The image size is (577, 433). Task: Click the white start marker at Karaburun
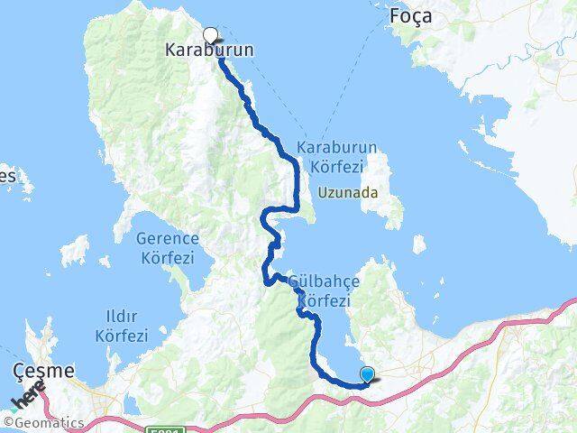[210, 35]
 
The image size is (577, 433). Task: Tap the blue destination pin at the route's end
[367, 374]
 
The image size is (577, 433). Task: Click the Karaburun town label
[210, 51]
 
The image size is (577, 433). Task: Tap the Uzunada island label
[348, 193]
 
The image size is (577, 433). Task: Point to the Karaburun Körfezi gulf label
[335, 156]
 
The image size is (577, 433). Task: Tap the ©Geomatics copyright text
[44, 422]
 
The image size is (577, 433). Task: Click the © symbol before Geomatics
[8, 422]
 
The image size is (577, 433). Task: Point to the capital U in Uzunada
[325, 193]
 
